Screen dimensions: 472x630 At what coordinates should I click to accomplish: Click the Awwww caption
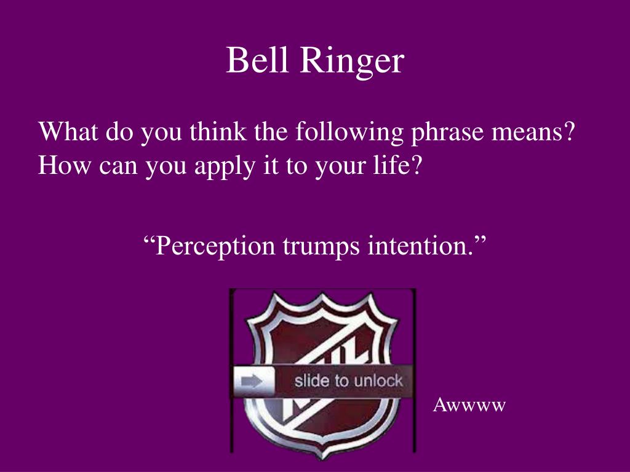point(469,405)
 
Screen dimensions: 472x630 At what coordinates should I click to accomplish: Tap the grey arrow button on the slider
point(253,382)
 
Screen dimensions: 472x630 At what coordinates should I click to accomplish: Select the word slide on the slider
point(312,380)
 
